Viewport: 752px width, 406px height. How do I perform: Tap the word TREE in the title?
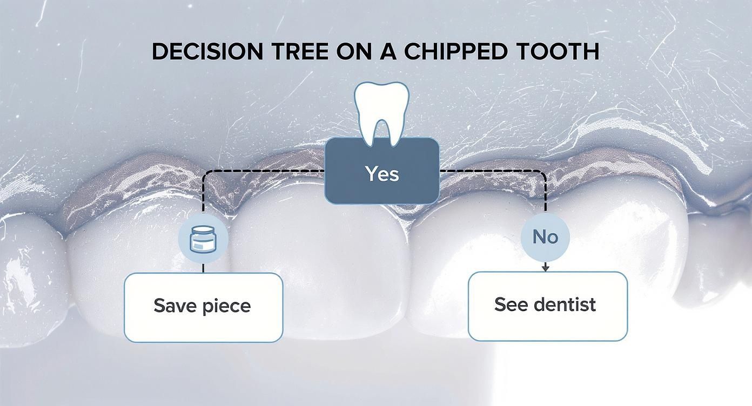pyautogui.click(x=299, y=51)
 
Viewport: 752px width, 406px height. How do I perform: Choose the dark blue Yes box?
pyautogui.click(x=381, y=184)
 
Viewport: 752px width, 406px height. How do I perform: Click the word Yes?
pyautogui.click(x=381, y=174)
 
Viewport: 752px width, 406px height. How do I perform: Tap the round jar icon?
pyautogui.click(x=203, y=239)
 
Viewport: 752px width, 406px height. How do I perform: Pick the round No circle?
pyautogui.click(x=545, y=237)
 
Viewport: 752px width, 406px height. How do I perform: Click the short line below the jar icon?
pyautogui.click(x=203, y=268)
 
